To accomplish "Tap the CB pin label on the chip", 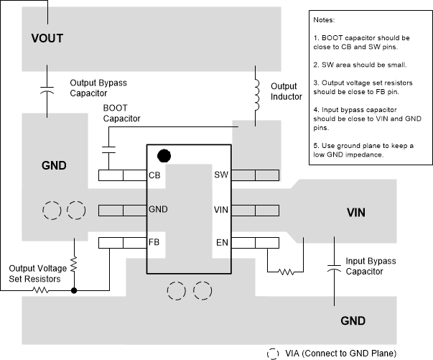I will tap(154, 175).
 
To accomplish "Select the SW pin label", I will tap(221, 175).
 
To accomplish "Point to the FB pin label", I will tap(154, 243).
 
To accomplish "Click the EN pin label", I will tap(221, 243).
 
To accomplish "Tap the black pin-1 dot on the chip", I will tap(164, 154).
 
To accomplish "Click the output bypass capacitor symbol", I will tap(48, 91).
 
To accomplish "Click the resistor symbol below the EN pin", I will tap(286, 272).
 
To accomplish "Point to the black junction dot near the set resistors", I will tap(74, 290).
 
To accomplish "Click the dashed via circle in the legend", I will tap(274, 353).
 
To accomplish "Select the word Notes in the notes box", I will tap(327, 19).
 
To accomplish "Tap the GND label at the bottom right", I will tap(353, 320).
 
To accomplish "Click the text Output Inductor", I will tap(286, 91).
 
